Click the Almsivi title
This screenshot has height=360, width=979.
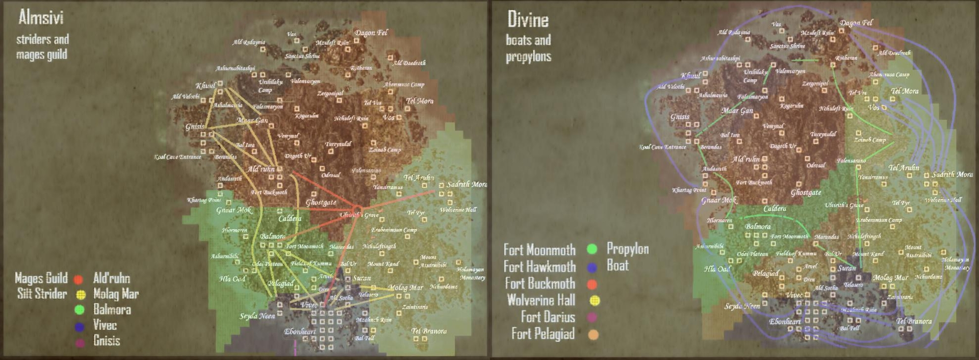tap(41, 18)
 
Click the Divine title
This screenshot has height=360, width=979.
tap(528, 20)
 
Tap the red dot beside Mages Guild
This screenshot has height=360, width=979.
tap(78, 279)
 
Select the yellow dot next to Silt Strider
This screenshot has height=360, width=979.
tap(80, 294)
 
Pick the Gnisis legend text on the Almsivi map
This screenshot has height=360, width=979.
tap(107, 341)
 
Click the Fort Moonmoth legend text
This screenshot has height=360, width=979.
tap(539, 250)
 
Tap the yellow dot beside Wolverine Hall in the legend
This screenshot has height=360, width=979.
tap(594, 300)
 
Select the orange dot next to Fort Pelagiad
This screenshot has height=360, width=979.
tap(592, 335)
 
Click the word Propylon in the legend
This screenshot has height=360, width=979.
tap(627, 249)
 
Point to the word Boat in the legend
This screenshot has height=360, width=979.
tap(617, 265)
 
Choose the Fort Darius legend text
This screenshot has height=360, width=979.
tap(548, 317)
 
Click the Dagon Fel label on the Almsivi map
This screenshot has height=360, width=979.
tap(371, 33)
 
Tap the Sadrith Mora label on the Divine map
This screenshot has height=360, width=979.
tap(952, 174)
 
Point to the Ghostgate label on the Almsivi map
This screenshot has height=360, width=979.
tap(321, 202)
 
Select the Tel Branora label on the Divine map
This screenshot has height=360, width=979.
tap(914, 321)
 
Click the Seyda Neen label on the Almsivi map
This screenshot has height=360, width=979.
tap(257, 316)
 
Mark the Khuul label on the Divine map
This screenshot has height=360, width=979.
tap(691, 75)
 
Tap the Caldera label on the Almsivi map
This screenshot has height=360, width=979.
tap(290, 218)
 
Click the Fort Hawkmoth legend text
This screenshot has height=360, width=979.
tap(539, 267)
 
